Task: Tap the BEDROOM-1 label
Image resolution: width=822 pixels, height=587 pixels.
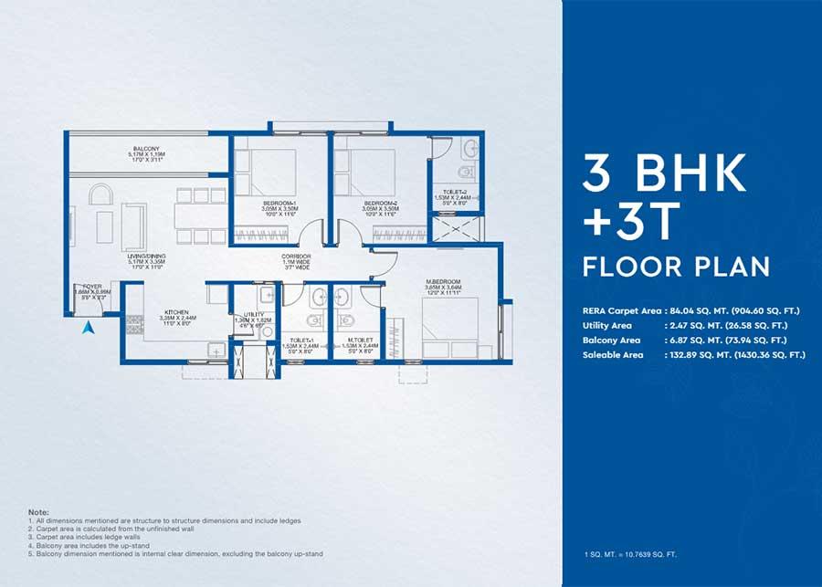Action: tap(278, 202)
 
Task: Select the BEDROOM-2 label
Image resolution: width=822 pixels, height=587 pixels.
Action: tap(378, 202)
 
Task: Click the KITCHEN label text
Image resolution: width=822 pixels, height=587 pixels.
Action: tap(176, 311)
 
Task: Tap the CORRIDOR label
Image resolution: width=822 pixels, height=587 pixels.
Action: tap(297, 257)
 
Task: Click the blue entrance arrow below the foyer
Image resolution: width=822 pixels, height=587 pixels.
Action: tap(89, 328)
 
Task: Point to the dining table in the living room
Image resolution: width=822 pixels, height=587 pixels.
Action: tap(192, 215)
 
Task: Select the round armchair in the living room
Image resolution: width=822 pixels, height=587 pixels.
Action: tap(100, 198)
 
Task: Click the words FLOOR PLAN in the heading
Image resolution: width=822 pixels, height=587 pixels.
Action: tap(676, 267)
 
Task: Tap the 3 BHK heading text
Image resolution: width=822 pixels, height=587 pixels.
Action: tap(665, 173)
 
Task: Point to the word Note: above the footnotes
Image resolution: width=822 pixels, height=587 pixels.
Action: tap(38, 512)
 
